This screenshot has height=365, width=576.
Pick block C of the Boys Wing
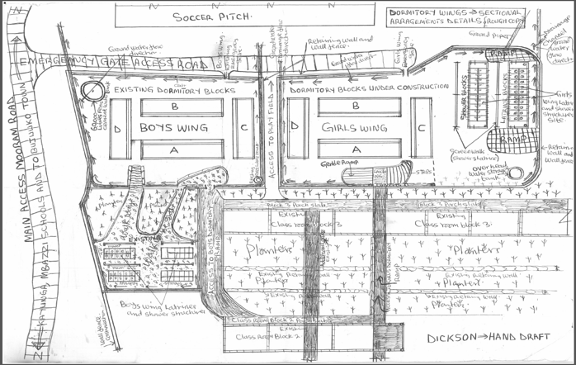click(x=243, y=128)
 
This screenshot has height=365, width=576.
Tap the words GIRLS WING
click(x=354, y=128)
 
